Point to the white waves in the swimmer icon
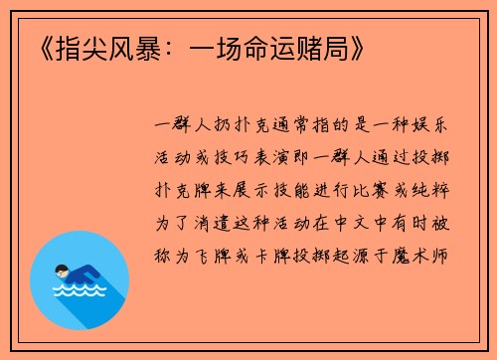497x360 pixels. (79, 291)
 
